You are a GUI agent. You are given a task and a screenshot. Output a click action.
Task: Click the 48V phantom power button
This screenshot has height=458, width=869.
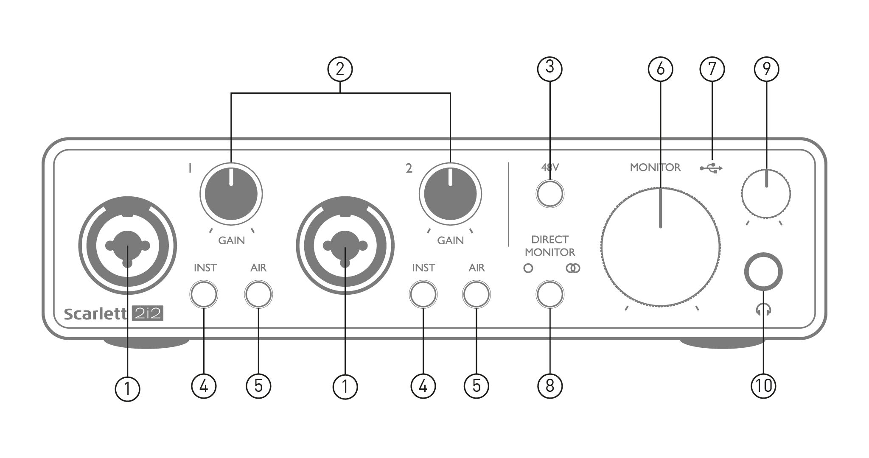(550, 194)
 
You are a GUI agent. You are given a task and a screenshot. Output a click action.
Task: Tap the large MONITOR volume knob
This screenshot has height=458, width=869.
(660, 247)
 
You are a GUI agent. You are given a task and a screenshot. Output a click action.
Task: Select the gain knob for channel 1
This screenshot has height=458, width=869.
(231, 194)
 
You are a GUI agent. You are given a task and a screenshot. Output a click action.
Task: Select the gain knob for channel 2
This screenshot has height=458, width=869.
(450, 194)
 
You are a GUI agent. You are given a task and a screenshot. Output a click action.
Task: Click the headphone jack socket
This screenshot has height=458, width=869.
(763, 272)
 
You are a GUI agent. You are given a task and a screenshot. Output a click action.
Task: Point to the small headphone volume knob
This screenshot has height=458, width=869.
(766, 194)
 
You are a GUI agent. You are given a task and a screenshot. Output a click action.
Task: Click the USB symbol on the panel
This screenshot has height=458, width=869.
(711, 168)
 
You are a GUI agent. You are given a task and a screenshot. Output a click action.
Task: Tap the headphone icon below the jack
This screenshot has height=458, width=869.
(763, 310)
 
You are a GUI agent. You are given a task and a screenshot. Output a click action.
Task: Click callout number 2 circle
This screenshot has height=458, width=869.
(340, 69)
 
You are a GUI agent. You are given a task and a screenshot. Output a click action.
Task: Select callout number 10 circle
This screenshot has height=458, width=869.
(763, 386)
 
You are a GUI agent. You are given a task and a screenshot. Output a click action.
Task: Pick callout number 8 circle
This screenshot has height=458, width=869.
(550, 386)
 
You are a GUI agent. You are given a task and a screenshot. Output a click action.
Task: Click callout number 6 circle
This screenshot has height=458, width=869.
(660, 69)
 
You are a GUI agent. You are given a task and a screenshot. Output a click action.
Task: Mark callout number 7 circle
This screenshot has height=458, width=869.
(712, 69)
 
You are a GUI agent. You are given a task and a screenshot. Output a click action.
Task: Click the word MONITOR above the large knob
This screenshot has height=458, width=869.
(655, 168)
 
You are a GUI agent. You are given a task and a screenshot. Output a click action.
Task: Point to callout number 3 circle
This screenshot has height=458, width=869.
(550, 68)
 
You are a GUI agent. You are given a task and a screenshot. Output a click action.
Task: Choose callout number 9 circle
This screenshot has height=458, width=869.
(766, 69)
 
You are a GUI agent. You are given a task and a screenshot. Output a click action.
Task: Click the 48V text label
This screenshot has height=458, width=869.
(550, 168)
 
